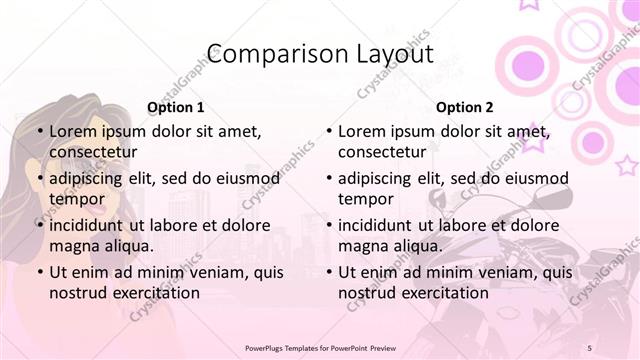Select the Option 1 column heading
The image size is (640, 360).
(175, 107)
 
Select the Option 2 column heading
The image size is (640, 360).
(464, 107)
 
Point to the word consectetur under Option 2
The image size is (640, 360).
(382, 152)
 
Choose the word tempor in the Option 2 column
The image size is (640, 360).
(366, 199)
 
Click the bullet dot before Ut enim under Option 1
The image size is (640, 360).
(39, 272)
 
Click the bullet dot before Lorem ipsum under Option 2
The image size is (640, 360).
(328, 131)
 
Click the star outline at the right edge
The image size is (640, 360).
(627, 164)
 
